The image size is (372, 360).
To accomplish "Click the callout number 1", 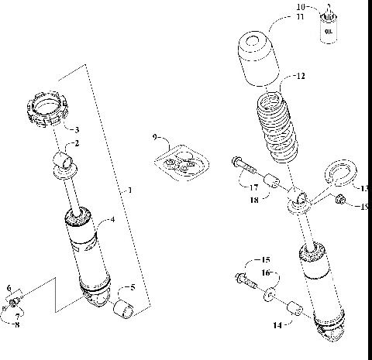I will (129, 190).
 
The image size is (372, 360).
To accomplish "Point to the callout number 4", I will (112, 220).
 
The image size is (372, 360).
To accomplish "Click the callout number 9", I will (156, 137).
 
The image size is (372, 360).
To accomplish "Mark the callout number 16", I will (265, 273).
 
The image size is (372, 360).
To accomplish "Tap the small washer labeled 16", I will (267, 295).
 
